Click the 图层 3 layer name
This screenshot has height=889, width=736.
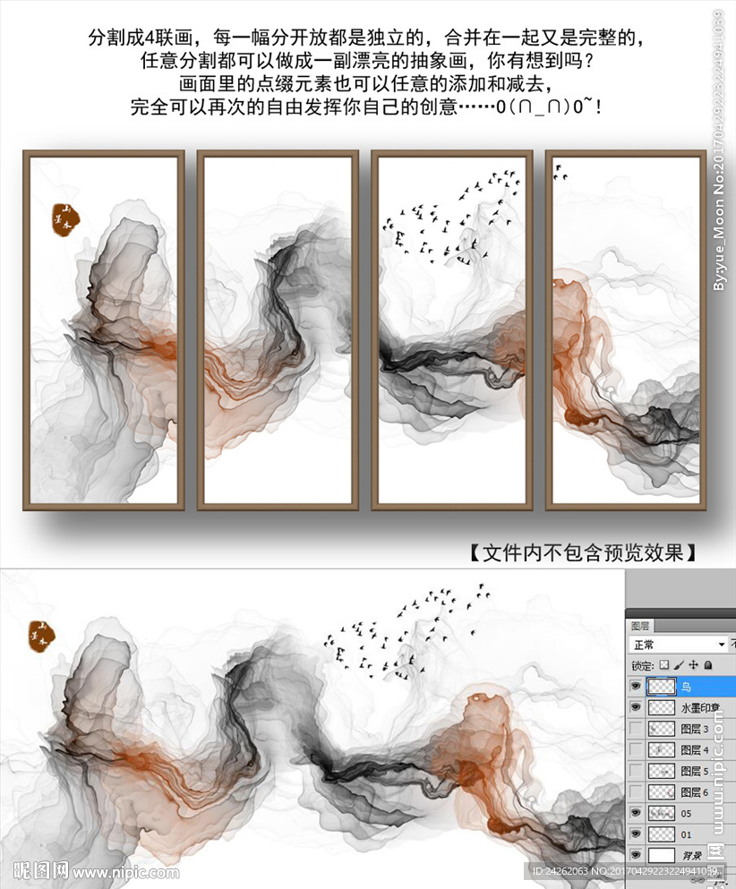[x=695, y=729]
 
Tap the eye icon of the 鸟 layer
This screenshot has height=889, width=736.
[x=636, y=687]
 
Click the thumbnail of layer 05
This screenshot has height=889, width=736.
[x=662, y=813]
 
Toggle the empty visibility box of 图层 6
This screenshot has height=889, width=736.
[x=636, y=791]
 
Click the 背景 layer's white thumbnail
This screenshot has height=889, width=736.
[x=662, y=855]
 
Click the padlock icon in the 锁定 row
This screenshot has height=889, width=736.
[x=707, y=665]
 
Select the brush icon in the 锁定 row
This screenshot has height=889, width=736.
[x=678, y=665]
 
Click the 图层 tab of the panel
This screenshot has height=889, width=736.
[x=640, y=626]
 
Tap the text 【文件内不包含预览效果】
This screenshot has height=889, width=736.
[x=583, y=551]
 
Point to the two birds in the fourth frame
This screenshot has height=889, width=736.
[x=561, y=173]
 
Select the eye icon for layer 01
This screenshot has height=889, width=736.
[x=636, y=834]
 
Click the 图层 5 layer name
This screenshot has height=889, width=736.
[x=695, y=771]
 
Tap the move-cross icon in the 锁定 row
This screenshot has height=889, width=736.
[x=693, y=665]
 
